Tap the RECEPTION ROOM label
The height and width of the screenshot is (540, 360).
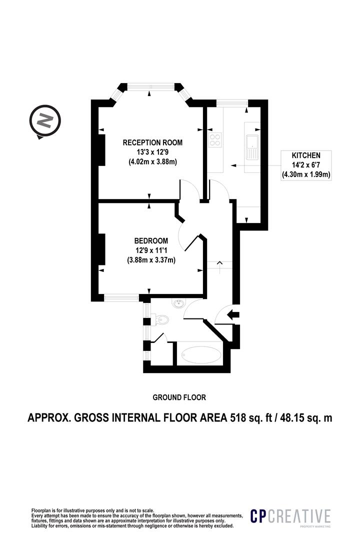click(152, 142)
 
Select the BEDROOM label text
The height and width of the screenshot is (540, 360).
click(151, 240)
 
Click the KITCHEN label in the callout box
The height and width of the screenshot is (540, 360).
click(306, 155)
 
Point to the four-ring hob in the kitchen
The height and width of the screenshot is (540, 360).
click(215, 139)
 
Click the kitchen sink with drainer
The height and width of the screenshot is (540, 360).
click(251, 147)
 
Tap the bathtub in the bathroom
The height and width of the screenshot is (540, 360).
click(200, 354)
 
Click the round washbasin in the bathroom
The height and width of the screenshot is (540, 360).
click(179, 303)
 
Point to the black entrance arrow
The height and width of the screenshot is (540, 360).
click(233, 314)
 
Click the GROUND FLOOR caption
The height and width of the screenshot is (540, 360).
click(179, 397)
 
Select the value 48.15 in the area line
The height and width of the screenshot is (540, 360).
click(292, 417)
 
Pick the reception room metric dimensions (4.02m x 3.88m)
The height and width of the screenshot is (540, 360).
click(152, 161)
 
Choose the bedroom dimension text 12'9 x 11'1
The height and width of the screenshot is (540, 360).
click(151, 250)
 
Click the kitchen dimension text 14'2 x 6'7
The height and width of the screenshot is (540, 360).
click(306, 165)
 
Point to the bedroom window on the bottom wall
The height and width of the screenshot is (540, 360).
click(121, 297)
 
